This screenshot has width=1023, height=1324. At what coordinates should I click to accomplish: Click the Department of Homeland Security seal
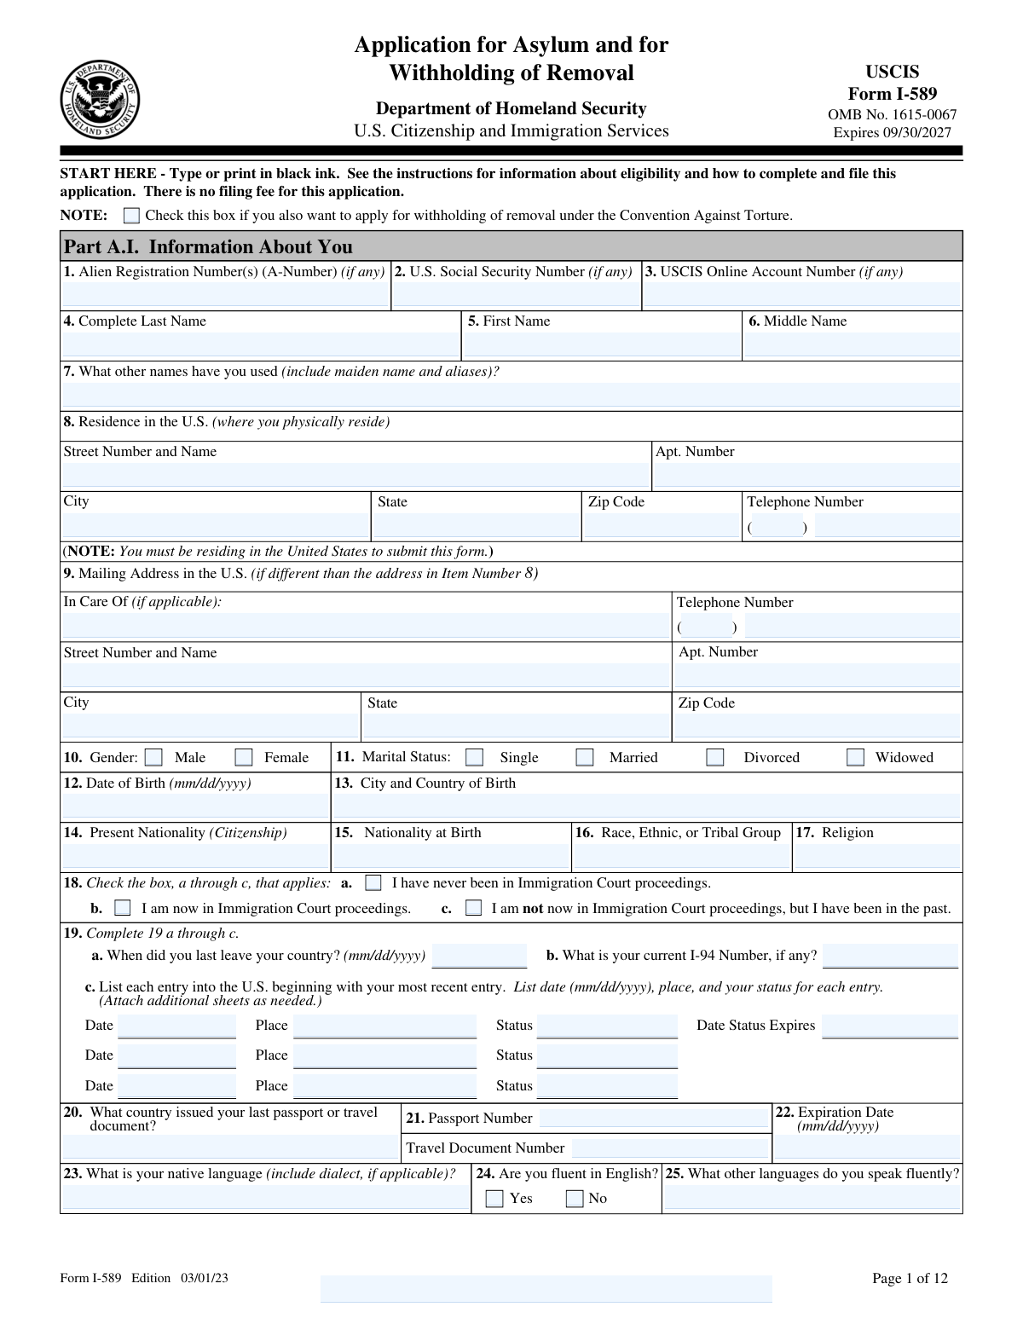[x=100, y=101]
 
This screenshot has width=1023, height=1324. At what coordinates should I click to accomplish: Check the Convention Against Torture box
[x=131, y=215]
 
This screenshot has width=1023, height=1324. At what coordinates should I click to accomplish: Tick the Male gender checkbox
[x=153, y=757]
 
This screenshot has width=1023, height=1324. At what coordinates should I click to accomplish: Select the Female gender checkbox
[x=244, y=757]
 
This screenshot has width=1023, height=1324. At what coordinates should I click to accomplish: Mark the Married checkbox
[x=585, y=757]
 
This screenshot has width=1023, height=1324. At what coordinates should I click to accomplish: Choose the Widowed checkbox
[x=855, y=757]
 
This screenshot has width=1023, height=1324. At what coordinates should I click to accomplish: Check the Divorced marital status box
[x=715, y=757]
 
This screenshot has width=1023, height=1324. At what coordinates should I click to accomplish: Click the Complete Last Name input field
[x=260, y=344]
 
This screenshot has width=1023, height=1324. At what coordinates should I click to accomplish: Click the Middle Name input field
[x=852, y=344]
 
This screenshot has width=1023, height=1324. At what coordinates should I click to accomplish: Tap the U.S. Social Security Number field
[x=516, y=294]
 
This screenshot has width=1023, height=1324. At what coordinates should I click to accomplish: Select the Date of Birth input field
[x=195, y=806]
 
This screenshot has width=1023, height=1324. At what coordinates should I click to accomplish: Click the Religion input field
[x=877, y=855]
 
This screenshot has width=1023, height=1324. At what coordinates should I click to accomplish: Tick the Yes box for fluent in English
[x=494, y=1199]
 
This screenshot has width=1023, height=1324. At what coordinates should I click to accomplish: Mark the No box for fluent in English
[x=575, y=1199]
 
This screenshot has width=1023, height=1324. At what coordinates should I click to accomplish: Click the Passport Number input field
[x=654, y=1118]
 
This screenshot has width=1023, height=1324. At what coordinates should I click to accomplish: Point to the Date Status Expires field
[x=890, y=1026]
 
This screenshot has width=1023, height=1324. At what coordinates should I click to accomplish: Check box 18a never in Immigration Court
[x=373, y=882]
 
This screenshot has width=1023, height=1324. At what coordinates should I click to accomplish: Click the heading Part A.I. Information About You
[x=208, y=246]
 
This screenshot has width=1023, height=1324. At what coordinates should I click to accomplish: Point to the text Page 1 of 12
[x=910, y=1278]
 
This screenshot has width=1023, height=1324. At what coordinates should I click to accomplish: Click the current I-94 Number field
[x=890, y=956]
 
